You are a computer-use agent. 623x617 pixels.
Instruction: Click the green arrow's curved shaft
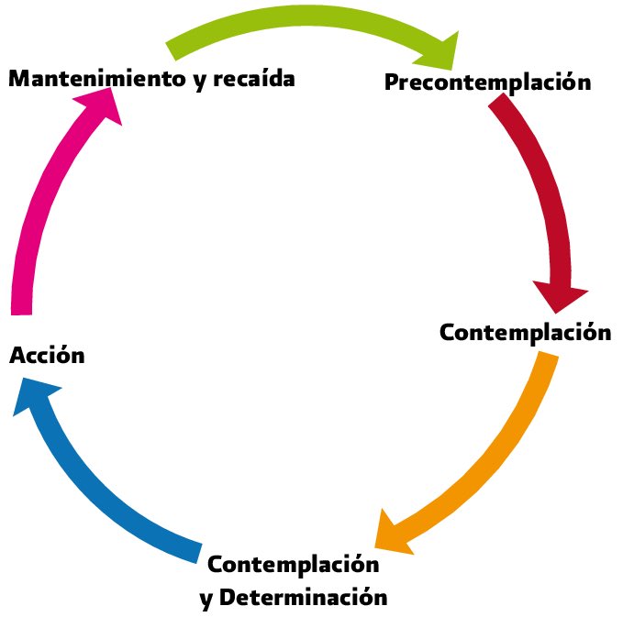coord(303,21)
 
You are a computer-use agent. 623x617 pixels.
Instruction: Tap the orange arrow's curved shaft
coord(495,458)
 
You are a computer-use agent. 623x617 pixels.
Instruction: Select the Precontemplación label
coord(487,83)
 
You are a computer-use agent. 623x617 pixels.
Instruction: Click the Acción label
coord(47,355)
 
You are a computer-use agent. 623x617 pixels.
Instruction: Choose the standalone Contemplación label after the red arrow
coord(525,332)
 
